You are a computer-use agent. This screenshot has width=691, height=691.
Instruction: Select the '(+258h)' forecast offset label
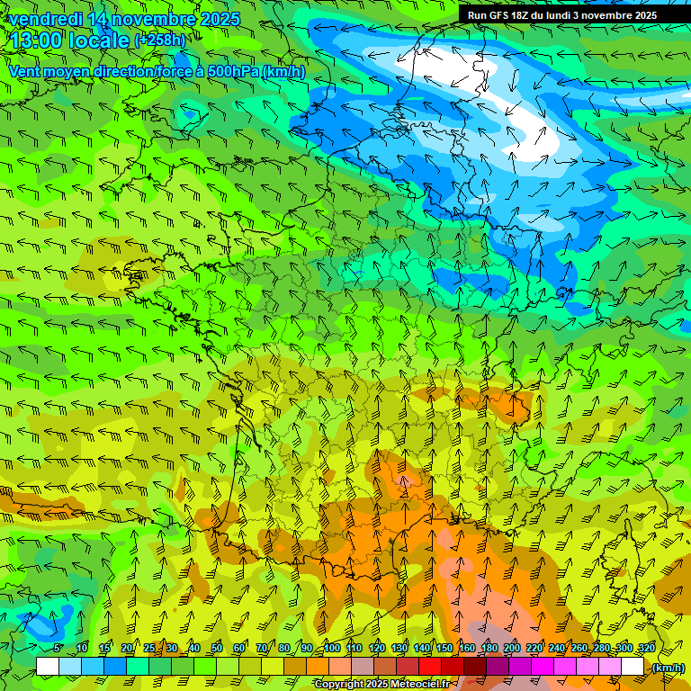point(160,40)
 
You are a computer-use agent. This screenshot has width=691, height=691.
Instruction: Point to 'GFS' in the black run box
point(500,14)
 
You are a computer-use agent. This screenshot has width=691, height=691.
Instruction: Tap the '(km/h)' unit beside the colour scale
point(667,668)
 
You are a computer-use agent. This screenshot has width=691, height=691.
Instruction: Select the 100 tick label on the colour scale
point(332,649)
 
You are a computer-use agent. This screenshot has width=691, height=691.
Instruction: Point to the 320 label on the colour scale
point(646,649)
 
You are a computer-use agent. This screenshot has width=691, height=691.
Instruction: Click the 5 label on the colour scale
point(58,649)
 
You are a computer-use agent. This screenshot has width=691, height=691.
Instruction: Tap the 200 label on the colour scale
point(512,649)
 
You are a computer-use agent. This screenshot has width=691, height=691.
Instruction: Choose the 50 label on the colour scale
point(217,649)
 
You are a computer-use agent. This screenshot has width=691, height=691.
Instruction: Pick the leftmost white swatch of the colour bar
point(48,667)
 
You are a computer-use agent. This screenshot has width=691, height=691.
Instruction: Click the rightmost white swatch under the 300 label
point(633,667)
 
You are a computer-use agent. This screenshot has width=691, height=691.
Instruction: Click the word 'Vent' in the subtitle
point(25,71)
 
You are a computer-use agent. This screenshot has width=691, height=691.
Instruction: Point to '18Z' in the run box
point(527,14)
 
